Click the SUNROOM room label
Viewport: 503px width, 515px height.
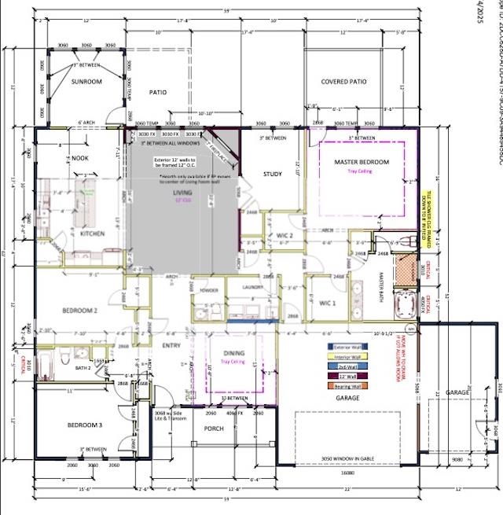click(86, 81)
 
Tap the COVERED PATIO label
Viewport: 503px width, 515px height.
click(344, 82)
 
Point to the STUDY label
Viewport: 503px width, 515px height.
click(272, 175)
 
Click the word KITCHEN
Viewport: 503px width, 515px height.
click(93, 234)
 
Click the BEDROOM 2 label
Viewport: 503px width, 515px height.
click(79, 310)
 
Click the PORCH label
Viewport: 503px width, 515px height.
click(214, 429)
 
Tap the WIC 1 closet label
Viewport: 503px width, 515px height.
click(328, 303)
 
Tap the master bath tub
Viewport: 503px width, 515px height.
click(405, 305)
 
